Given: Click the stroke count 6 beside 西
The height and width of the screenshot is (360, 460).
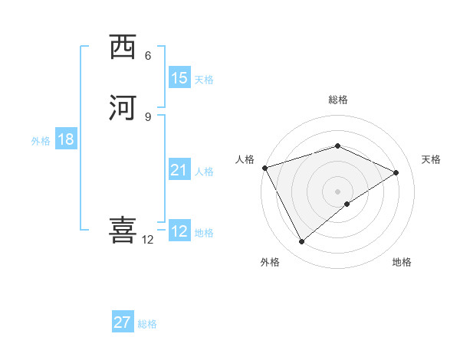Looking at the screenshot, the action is coord(148,55).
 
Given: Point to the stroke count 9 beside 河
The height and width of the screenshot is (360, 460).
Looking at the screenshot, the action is coord(148,116).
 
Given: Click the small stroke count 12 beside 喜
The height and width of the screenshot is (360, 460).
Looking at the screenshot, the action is coord(148,240).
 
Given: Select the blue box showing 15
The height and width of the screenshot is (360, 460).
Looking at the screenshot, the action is coord(179,77).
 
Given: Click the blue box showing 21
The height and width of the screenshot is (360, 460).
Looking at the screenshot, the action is coord(179,170).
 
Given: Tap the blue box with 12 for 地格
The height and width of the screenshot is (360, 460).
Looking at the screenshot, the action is coord(179,231).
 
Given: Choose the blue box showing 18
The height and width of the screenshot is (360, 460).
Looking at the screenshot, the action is coord(66,139).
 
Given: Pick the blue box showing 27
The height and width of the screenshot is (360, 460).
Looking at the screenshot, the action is coord(123,322).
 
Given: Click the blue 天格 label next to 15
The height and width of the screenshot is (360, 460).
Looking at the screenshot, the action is coord(204,79).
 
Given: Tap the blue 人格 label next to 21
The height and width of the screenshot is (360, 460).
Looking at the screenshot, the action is coord(204,172).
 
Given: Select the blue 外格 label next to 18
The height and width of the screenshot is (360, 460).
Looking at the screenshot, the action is coord(41,141).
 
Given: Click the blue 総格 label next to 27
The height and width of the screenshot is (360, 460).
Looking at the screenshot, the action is coord(147,324).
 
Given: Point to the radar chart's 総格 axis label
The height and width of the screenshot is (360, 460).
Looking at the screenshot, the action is coord(337,100).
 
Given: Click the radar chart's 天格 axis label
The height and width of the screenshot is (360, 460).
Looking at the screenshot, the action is coord(431,159).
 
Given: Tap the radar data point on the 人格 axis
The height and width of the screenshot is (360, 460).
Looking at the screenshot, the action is coord(264,168).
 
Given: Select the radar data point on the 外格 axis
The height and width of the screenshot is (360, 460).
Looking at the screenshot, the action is coord(301,242).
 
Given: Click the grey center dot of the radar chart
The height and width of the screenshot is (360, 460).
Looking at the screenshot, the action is coord(337,191).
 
